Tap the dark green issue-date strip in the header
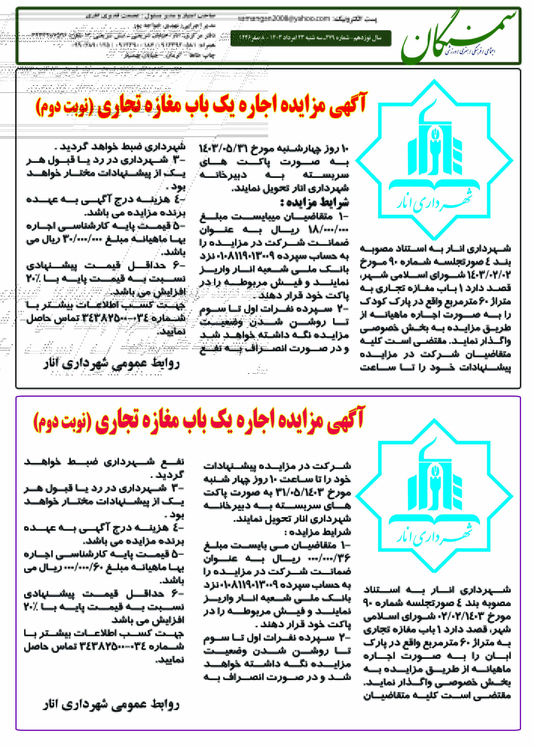coord(311,38)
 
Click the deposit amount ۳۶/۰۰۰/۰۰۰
coord(329,558)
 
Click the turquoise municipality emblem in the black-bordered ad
coord(434,160)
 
